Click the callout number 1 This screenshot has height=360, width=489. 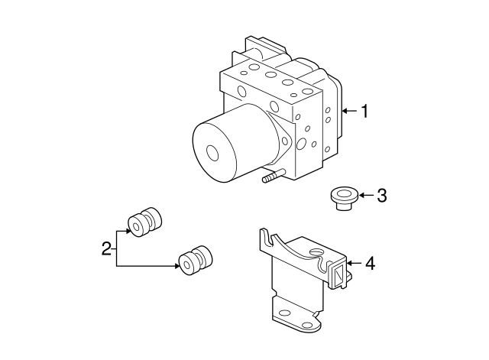click(364, 111)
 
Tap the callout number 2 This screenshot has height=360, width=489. click(106, 248)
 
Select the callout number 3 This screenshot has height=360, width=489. click(382, 196)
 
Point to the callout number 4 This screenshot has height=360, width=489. click(370, 263)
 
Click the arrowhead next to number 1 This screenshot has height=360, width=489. click(345, 111)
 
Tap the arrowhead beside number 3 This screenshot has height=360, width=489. click(361, 196)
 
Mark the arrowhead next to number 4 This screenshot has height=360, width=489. click(349, 263)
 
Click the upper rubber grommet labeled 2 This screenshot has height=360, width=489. click(145, 221)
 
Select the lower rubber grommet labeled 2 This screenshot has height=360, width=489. click(196, 261)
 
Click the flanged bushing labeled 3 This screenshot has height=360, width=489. click(344, 199)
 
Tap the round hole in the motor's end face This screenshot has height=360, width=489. click(212, 153)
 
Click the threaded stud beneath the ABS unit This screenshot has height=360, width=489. click(274, 176)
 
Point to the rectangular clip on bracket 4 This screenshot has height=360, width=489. click(338, 274)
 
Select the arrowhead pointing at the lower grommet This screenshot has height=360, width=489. click(177, 266)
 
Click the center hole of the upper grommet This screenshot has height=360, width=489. click(137, 225)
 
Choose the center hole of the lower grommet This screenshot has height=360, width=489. click(186, 265)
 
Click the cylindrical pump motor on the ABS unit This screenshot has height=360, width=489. click(232, 143)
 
